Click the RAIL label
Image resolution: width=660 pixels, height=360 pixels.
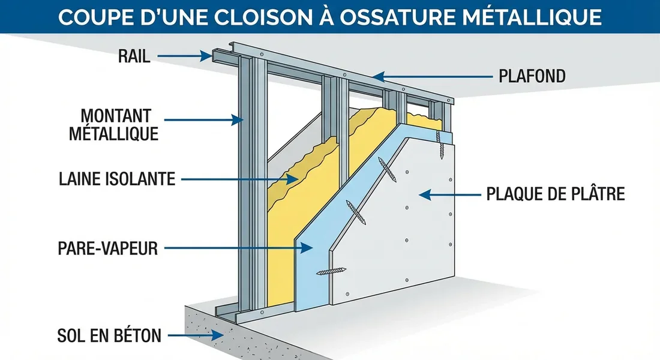(x=133, y=56)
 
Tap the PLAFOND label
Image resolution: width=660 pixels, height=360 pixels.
(x=533, y=76)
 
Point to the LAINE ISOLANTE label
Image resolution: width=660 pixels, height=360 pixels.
(x=117, y=178)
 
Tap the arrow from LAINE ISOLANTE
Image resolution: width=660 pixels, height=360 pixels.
(x=240, y=178)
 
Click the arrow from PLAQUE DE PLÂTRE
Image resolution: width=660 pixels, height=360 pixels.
(x=450, y=194)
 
